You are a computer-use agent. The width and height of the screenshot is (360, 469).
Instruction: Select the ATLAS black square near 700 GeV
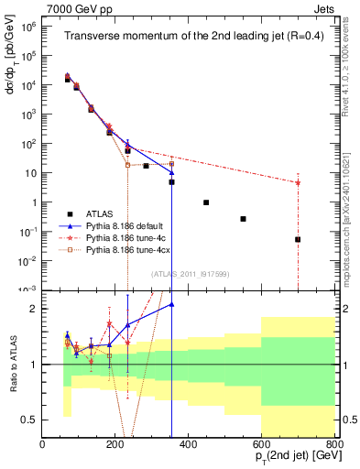click(x=298, y=239)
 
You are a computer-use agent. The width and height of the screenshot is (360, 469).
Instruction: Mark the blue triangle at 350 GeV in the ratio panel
click(x=171, y=304)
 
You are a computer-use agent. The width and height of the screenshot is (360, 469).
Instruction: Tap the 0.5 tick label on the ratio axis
click(x=28, y=420)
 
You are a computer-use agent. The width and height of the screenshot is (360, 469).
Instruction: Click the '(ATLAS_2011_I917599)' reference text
click(x=190, y=275)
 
